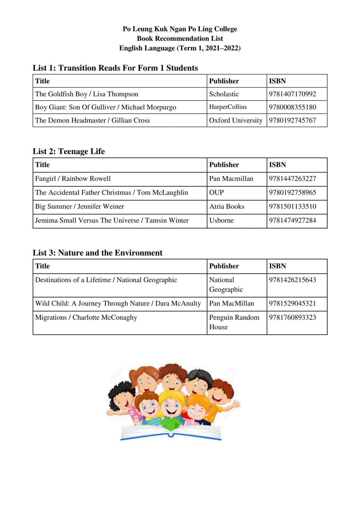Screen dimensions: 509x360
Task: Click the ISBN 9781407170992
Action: point(292,94)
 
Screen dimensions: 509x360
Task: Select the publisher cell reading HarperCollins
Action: point(228,107)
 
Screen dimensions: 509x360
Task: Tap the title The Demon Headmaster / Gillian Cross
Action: point(92,121)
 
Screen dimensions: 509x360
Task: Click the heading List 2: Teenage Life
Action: point(69,151)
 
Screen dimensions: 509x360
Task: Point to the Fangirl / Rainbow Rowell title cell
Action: point(73,179)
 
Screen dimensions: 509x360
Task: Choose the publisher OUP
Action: point(216,193)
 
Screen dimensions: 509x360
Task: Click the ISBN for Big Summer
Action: point(293,206)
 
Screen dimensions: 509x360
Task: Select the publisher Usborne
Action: point(221,220)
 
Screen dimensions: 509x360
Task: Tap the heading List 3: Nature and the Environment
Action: point(97,253)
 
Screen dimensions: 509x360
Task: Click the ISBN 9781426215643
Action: point(292,280)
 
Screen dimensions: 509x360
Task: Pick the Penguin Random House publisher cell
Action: point(234,322)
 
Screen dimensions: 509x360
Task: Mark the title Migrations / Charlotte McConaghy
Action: point(86,317)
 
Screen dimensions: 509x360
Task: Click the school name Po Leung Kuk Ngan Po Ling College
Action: point(180,29)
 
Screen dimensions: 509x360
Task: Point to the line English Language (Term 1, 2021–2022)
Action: point(180,48)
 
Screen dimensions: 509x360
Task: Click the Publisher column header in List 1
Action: point(224,81)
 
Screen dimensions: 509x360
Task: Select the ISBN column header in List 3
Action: point(277,266)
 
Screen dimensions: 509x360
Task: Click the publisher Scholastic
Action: point(224,94)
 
